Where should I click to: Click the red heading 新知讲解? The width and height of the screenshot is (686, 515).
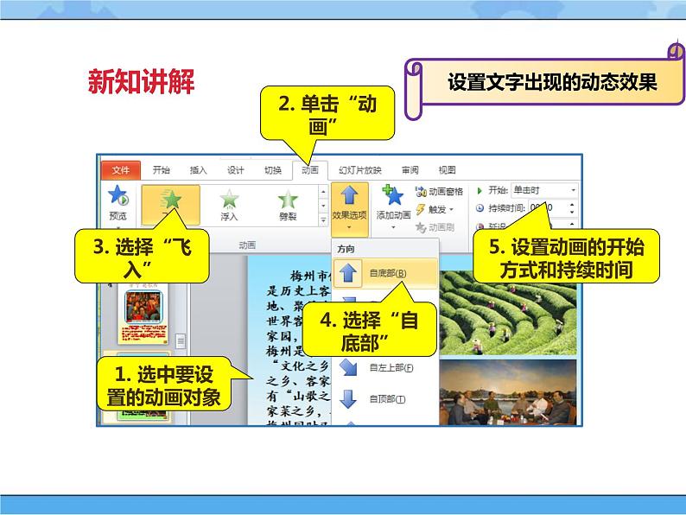(x=142, y=83)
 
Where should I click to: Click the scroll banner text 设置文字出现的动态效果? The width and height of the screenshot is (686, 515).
(x=553, y=83)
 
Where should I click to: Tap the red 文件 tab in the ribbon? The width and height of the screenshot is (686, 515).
(x=120, y=170)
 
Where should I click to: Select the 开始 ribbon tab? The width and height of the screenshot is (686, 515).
(x=162, y=170)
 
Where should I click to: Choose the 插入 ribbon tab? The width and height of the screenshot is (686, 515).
(x=198, y=170)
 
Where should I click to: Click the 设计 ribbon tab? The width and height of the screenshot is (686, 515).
(x=235, y=170)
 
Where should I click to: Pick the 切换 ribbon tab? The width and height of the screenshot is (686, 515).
(x=272, y=170)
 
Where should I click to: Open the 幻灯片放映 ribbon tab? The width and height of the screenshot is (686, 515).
(x=359, y=170)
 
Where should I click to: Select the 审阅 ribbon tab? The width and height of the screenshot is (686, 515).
(x=410, y=170)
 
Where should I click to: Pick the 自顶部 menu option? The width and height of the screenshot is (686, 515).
(x=386, y=399)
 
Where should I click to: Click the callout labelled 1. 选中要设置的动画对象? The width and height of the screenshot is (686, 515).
(x=161, y=385)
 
